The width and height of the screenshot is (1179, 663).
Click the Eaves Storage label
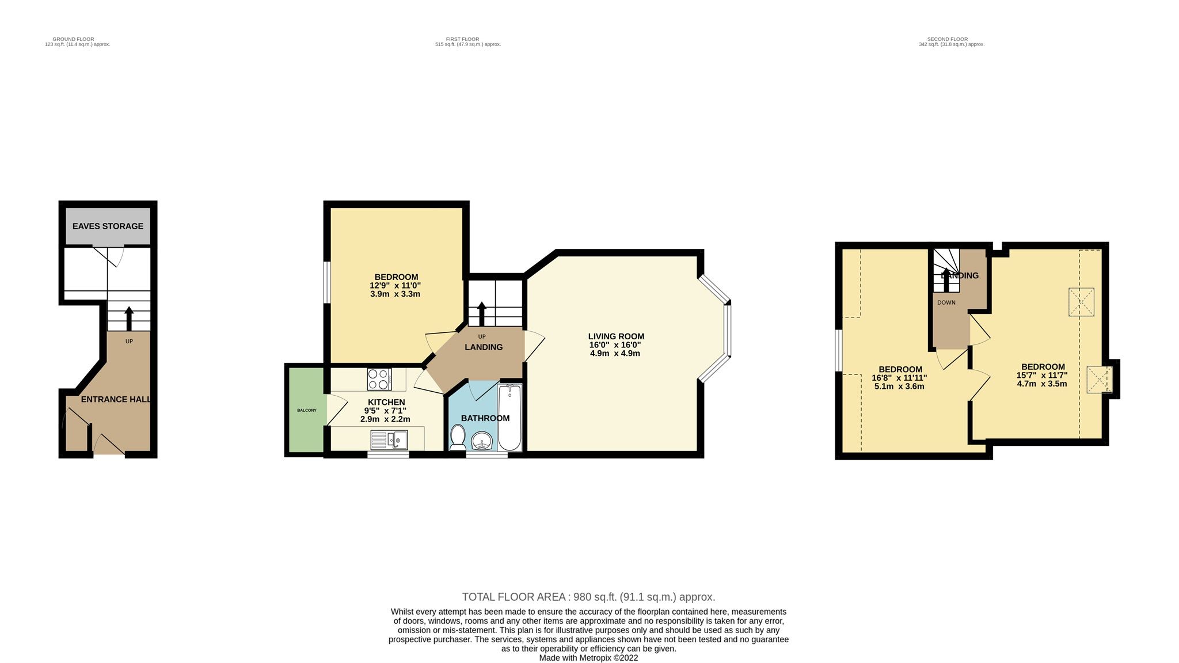point(108,226)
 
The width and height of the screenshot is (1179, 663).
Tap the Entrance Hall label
point(115,399)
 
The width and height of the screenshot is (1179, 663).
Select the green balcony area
point(306,410)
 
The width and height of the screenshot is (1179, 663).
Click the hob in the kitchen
point(379,379)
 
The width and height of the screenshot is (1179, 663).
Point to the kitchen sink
point(390,441)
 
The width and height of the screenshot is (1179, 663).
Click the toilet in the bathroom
point(458,438)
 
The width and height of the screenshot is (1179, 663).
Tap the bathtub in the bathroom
point(509,418)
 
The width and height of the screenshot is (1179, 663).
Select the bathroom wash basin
point(481,442)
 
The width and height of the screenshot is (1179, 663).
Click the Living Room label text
point(616,336)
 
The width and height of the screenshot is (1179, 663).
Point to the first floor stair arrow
point(481,313)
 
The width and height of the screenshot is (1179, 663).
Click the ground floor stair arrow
point(129,317)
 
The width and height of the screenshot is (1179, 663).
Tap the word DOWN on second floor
point(946,302)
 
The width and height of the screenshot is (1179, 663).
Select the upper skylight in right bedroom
point(1082,302)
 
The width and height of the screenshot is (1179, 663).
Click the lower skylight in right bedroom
point(1098,380)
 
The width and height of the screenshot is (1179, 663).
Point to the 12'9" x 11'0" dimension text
point(395,286)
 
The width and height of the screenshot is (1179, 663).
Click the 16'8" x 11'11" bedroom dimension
point(899,378)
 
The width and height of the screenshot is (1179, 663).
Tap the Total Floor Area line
point(588,597)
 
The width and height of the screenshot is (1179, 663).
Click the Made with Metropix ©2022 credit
point(588,658)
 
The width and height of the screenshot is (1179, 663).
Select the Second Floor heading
point(951,39)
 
